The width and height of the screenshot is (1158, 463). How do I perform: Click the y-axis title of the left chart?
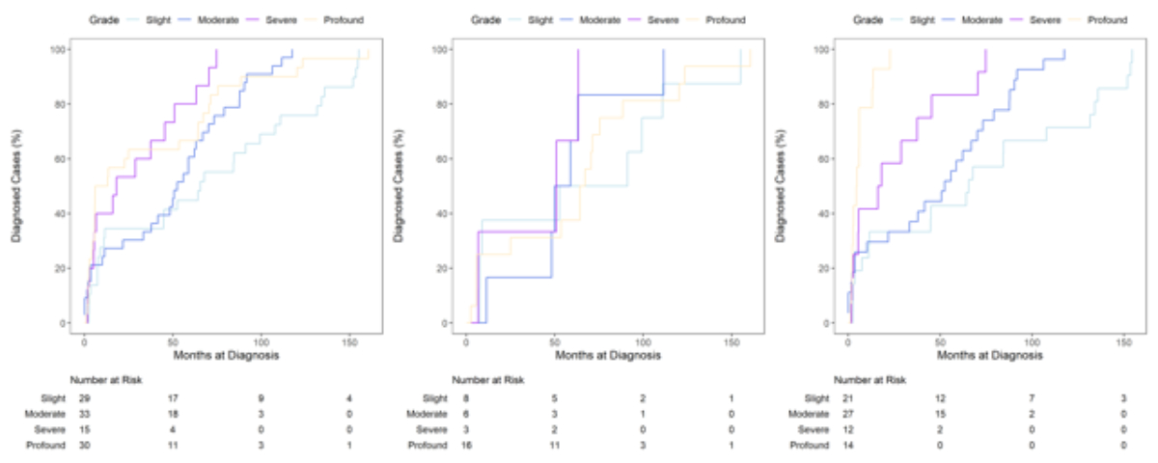(x=17, y=185)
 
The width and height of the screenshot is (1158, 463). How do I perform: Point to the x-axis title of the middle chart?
(x=611, y=355)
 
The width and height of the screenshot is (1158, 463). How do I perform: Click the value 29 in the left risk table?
(x=85, y=397)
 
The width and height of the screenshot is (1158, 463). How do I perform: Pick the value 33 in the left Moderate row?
(x=85, y=413)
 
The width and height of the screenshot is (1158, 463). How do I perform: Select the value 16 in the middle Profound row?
(x=468, y=445)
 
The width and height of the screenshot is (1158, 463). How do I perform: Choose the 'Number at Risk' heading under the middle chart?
(x=488, y=380)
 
